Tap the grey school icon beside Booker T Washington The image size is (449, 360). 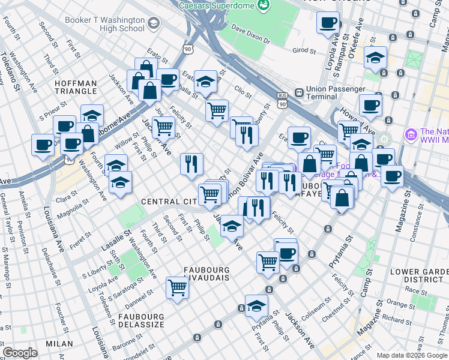(154, 24)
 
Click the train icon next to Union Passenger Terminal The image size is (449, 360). (298, 93)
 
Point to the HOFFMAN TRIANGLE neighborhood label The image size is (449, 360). (76, 87)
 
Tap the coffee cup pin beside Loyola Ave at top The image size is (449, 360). (328, 23)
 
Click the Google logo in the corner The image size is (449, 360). (20, 353)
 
